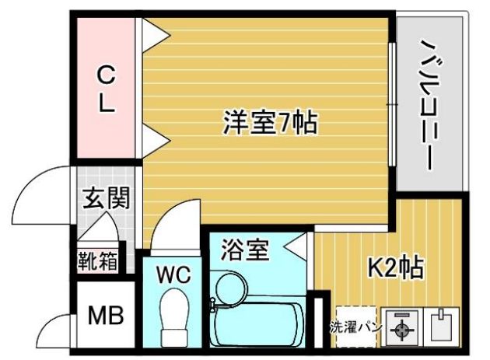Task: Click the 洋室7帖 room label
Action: click(271, 123)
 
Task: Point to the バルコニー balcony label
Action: click(432, 106)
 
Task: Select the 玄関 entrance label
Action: click(106, 197)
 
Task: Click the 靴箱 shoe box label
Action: click(98, 260)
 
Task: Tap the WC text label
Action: click(173, 275)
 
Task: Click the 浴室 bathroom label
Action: click(245, 250)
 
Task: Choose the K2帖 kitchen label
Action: click(396, 267)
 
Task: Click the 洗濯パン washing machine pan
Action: click(356, 327)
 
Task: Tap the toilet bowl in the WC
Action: click(173, 317)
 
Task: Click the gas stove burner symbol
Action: click(401, 329)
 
